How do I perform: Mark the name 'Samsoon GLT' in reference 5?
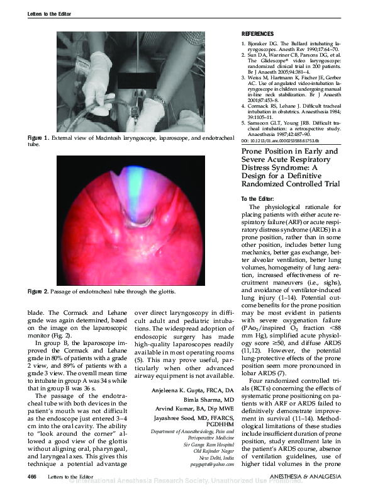(x=267, y=121)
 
